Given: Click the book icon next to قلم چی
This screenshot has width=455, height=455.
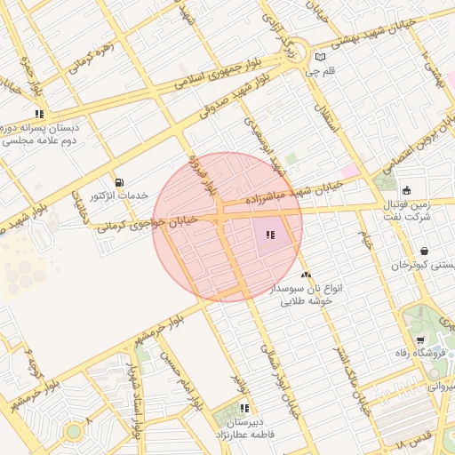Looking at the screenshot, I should tap(320, 57).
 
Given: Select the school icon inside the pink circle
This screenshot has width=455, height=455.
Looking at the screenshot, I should tap(269, 235).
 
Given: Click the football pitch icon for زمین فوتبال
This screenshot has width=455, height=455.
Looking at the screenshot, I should tap(406, 190).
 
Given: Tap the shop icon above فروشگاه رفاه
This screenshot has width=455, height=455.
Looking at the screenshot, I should tap(419, 340).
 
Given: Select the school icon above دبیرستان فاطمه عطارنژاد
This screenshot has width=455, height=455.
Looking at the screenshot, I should tap(243, 409).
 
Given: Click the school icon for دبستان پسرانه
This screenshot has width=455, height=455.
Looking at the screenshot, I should tap(38, 114).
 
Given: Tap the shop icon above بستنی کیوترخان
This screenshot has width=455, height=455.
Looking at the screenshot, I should tap(424, 251).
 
